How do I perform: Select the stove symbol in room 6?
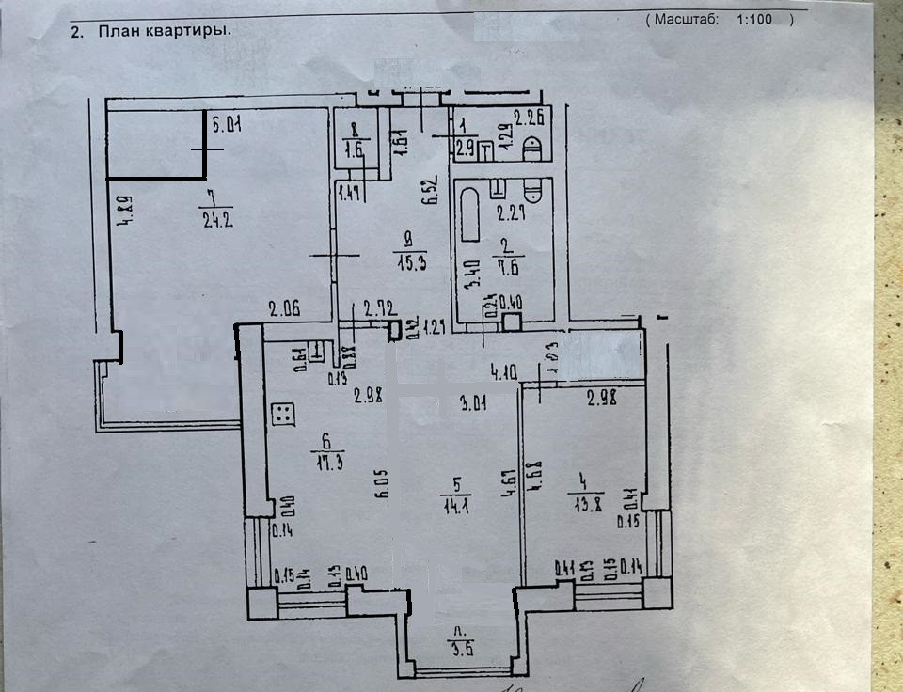(284, 414)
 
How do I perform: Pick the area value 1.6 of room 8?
(355, 148)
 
